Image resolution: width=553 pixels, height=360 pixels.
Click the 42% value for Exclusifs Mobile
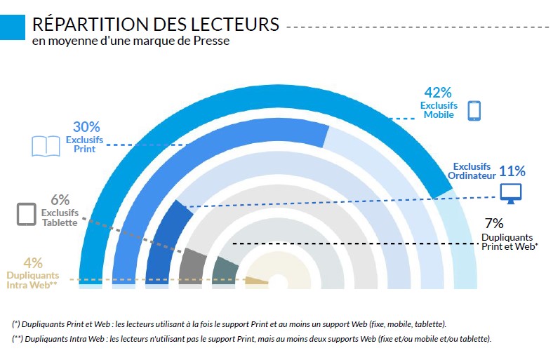coord(438,93)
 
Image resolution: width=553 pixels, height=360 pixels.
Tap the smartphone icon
coord(474,110)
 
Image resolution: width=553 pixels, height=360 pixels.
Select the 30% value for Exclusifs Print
coord(86,127)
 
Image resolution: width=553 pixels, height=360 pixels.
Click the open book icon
coord(46,146)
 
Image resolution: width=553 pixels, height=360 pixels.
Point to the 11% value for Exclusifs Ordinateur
coord(512,171)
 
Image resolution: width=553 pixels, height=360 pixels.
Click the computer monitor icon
coord(510,193)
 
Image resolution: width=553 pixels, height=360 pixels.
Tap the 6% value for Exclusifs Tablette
coord(60,200)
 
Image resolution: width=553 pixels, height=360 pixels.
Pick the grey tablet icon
coord(26,214)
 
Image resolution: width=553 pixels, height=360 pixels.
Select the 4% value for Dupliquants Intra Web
coord(33,263)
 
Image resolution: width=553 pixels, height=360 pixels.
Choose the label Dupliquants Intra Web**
coord(32,280)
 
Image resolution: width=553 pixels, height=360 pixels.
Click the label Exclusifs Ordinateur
coord(472,171)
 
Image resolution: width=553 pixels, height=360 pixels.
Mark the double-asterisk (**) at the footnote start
coord(17,340)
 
